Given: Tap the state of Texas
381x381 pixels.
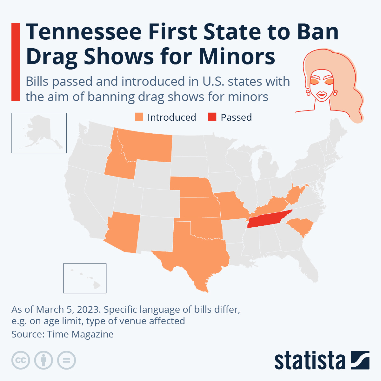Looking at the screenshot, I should (x=197, y=254).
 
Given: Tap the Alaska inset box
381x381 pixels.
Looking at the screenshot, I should (x=39, y=133).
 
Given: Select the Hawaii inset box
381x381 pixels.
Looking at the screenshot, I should (x=85, y=278).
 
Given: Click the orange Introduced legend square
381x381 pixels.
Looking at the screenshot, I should (x=139, y=117).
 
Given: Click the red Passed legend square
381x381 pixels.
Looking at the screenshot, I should (x=212, y=117).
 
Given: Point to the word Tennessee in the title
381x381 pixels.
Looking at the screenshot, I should (x=84, y=32).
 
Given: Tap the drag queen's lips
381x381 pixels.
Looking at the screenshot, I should (x=321, y=95).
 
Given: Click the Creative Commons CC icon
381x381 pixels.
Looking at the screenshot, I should (x=21, y=360).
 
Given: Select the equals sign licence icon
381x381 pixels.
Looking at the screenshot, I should (x=67, y=360).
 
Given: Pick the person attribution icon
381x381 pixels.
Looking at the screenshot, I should (x=43, y=360).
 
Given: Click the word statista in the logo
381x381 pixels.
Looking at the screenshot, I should (x=310, y=361).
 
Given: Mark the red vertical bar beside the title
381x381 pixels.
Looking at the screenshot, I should (x=16, y=62).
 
